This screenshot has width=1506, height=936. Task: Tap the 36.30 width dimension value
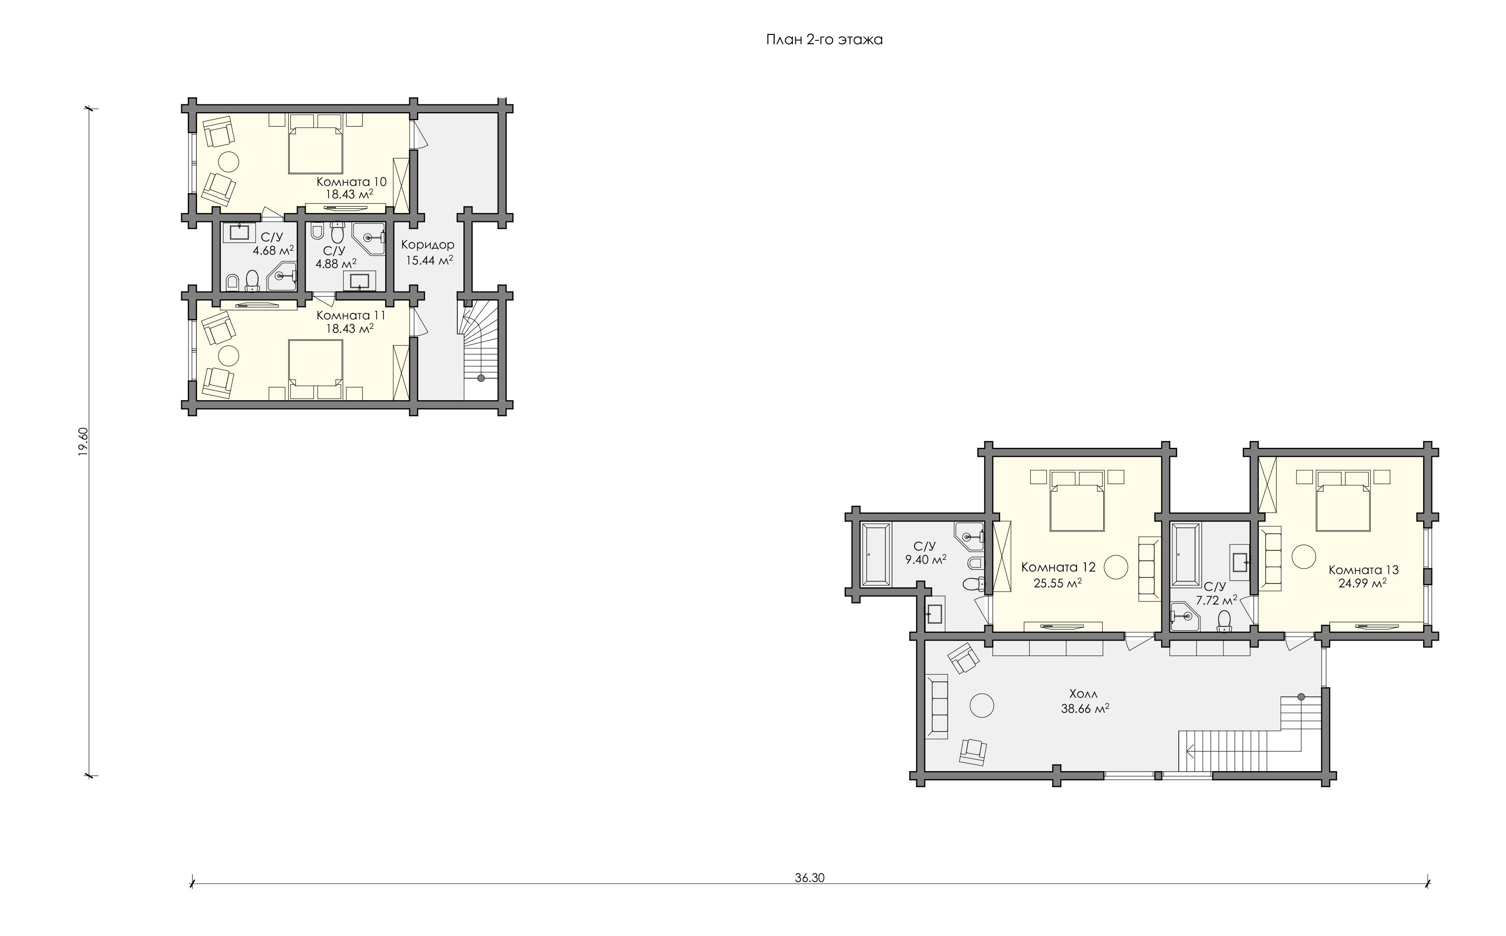[x=809, y=878]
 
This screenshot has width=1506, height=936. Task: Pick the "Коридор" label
[x=428, y=245]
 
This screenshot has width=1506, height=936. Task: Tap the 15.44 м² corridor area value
[x=429, y=260]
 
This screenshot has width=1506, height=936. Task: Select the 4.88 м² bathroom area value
[x=335, y=264]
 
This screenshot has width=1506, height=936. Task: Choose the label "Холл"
[x=1083, y=694]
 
